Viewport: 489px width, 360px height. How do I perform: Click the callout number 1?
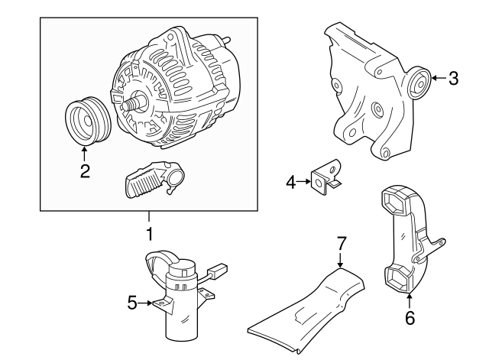(150, 234)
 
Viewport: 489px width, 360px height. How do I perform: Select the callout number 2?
(85, 171)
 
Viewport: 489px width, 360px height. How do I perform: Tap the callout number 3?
(453, 78)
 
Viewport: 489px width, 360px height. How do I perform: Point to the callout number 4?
(290, 182)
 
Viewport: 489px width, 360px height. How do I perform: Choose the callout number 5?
(132, 303)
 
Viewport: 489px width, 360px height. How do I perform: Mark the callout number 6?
(410, 318)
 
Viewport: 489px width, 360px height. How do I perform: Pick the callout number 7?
(342, 243)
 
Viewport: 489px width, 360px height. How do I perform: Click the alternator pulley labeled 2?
(88, 121)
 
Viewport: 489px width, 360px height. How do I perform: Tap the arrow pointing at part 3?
(439, 78)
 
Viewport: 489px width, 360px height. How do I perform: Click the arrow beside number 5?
(145, 303)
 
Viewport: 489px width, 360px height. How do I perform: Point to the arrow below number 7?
(341, 260)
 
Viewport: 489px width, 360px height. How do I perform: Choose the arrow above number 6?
(410, 301)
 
